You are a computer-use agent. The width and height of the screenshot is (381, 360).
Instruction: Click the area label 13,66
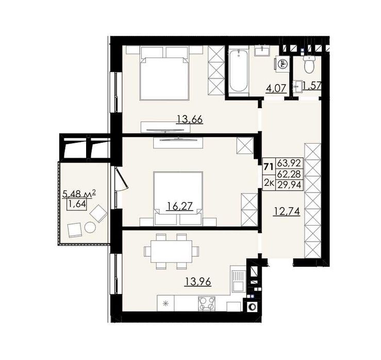coord(190,119)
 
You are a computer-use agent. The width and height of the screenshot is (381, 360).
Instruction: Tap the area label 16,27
coord(179,206)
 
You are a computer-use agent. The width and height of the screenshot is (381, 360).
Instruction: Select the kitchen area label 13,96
coord(198,282)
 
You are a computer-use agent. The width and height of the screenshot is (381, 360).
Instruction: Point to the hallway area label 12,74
coord(287,212)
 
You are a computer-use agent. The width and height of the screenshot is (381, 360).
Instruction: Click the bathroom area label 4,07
coord(276,88)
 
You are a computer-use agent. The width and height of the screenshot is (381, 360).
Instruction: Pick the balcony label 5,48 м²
coord(79,194)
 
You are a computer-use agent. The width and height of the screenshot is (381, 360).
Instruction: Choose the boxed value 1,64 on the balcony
coord(77,204)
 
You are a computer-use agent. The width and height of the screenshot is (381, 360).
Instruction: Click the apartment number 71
coord(269,167)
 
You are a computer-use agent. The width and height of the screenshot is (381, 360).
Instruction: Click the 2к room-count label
coord(269,183)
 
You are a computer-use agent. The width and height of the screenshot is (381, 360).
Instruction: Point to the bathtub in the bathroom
coord(238,71)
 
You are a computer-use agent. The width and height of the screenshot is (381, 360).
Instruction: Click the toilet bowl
coord(309,64)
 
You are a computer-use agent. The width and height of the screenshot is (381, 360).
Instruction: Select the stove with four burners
coord(207,303)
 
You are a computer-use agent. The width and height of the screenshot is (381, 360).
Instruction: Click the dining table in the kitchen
coord(171,251)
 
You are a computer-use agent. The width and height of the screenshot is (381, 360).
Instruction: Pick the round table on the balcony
coord(90,228)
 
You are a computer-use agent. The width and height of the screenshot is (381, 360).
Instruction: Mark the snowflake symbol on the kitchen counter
coord(165,303)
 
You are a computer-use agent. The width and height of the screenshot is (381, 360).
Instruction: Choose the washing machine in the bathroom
coord(283,64)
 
